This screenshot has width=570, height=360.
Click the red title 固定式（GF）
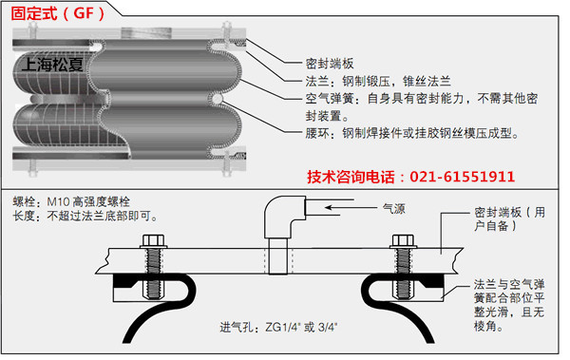57,13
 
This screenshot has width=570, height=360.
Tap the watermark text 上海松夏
52,65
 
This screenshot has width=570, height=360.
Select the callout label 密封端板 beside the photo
330,64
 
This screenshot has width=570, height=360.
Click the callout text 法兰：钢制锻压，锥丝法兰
378,81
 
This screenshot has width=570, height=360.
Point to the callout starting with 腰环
412,133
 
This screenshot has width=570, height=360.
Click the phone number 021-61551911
462,177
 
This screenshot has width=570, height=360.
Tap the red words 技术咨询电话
351,177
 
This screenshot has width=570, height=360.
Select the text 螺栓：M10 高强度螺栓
71,201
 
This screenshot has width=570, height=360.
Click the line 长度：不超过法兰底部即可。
85,216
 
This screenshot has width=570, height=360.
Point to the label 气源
393,209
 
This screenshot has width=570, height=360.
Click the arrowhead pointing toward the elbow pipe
330,208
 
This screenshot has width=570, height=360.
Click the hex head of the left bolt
153,240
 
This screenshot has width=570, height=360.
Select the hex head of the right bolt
403,240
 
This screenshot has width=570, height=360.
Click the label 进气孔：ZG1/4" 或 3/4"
278,328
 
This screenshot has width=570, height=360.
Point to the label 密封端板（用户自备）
509,218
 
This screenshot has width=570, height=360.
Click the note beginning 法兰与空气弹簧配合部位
509,305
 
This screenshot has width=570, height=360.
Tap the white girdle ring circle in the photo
217,99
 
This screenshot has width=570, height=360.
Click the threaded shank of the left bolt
153,274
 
